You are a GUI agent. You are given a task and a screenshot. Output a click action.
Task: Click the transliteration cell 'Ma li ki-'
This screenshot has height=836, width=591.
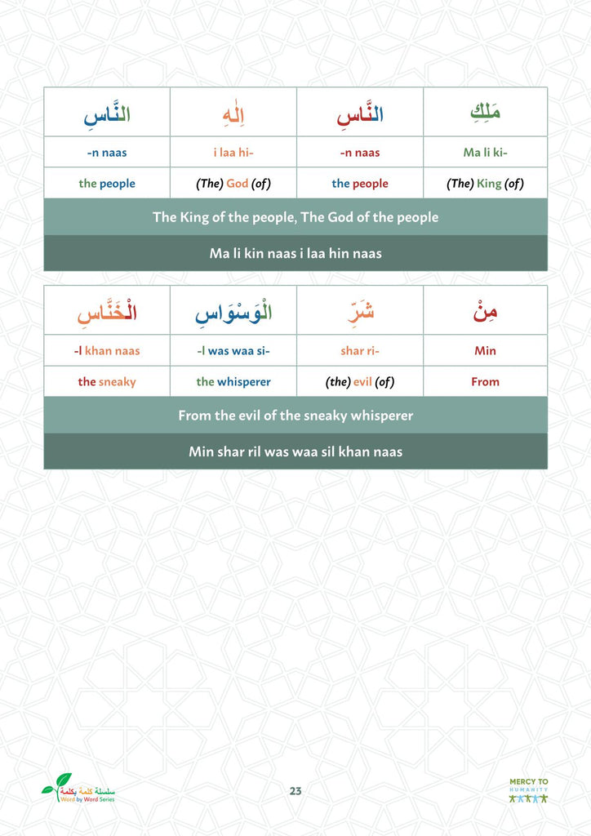[485, 153]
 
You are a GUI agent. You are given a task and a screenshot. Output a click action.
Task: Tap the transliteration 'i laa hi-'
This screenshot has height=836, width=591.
[233, 153]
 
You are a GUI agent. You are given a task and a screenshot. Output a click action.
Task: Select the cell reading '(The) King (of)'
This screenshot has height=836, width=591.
[485, 184]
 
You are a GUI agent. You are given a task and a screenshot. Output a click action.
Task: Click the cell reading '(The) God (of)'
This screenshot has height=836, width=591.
[233, 184]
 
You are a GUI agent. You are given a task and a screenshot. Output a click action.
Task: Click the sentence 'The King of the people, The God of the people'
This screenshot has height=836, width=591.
[295, 217]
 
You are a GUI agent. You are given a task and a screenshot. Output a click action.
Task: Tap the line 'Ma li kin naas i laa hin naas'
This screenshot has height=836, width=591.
[295, 254]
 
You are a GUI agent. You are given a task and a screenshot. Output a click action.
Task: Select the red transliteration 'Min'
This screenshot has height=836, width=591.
[485, 351]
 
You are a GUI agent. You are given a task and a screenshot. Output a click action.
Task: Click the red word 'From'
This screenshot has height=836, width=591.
[485, 381]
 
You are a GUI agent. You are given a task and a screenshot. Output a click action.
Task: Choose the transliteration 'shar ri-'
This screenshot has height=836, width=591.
[360, 351]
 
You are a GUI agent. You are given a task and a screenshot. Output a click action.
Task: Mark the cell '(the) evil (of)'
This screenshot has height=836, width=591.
[360, 381]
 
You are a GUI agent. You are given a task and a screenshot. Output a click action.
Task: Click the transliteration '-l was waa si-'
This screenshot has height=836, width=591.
[233, 351]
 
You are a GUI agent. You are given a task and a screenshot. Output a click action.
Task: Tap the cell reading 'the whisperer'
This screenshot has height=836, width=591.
[233, 381]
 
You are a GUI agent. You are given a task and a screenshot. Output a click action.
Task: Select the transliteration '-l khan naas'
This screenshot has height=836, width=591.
[107, 351]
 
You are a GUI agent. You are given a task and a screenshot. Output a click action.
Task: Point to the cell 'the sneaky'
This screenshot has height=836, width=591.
[107, 381]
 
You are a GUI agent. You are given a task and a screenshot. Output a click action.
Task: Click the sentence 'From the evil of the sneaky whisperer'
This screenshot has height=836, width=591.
[295, 416]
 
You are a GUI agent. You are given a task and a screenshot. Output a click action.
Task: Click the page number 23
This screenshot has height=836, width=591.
[295, 790]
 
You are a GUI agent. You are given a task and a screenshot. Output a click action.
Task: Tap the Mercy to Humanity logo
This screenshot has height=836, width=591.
[528, 790]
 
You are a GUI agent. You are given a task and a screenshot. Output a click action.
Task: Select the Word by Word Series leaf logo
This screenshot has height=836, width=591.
[78, 789]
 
